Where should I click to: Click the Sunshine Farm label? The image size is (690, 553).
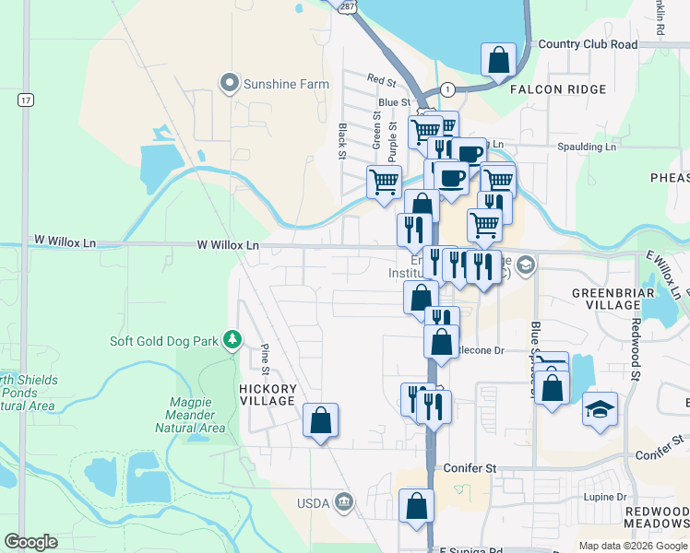click(285, 84)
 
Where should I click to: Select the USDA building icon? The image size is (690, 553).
click(344, 501)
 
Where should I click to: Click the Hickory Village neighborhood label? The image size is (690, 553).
click(268, 394)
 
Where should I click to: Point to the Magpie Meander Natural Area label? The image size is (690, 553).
click(197, 415)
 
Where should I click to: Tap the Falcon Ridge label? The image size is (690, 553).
click(562, 89)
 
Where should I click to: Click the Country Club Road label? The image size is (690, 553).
click(588, 44)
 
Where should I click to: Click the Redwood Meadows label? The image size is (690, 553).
click(656, 517)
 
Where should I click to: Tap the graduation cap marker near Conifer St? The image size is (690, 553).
click(600, 408)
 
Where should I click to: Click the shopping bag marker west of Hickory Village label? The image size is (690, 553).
click(320, 420)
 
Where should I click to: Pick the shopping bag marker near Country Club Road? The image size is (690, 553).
click(498, 60)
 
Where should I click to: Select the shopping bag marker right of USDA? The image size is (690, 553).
click(416, 505)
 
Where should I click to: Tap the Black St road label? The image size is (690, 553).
click(341, 141)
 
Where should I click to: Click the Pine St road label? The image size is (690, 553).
click(265, 359)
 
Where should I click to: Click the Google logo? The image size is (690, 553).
click(30, 542)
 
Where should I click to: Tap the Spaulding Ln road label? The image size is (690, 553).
click(586, 147)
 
